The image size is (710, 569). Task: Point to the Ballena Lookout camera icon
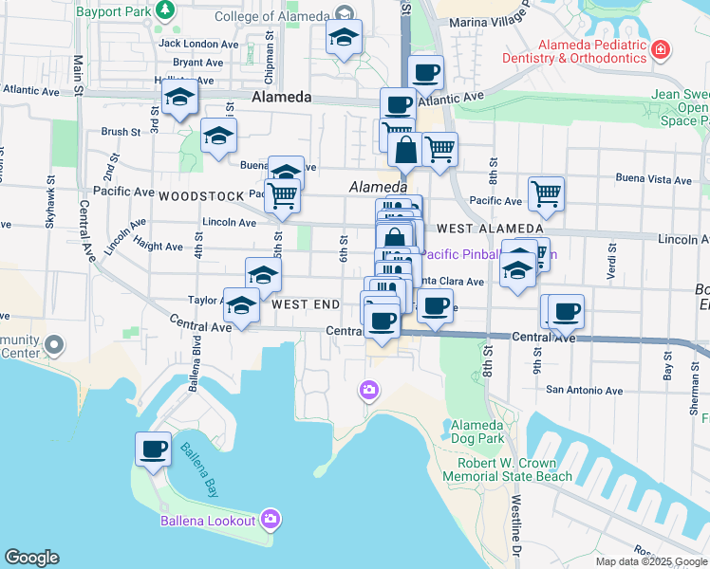[x=271, y=519]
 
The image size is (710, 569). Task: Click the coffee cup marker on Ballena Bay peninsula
[x=153, y=450]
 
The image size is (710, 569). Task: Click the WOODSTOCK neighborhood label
[x=201, y=196]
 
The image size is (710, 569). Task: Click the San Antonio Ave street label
[x=584, y=390]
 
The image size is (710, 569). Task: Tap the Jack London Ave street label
[x=199, y=44]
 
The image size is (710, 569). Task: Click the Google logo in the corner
[x=31, y=558]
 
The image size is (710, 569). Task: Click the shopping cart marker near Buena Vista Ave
[x=546, y=194]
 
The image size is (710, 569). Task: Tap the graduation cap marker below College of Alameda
[x=344, y=39]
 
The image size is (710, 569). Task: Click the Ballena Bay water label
[x=200, y=470]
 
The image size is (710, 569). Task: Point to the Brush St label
[x=121, y=133]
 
